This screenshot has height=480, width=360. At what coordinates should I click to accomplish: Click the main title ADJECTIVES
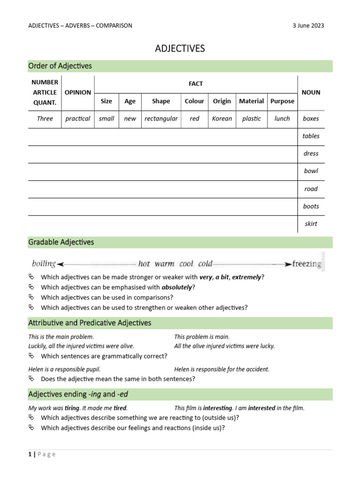click(180, 49)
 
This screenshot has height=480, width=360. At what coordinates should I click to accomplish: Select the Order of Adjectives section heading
click(60, 66)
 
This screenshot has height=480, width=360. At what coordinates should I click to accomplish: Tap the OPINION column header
click(78, 92)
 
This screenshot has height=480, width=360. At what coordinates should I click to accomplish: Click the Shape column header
click(161, 101)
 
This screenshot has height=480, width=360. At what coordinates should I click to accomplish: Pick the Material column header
click(251, 101)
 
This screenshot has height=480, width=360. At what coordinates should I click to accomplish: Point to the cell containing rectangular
click(161, 119)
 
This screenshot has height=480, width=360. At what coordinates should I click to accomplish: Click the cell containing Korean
click(222, 119)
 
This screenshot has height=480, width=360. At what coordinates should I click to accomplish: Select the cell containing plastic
click(251, 119)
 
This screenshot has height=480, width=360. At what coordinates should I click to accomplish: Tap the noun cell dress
click(311, 154)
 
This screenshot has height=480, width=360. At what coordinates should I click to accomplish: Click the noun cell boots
click(311, 206)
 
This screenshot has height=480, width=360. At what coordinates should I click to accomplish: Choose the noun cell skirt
click(311, 224)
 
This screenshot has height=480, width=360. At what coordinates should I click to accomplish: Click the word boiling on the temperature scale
click(44, 263)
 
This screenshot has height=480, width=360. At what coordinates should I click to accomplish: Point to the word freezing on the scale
click(307, 264)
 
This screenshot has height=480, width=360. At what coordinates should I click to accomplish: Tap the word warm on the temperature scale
click(164, 264)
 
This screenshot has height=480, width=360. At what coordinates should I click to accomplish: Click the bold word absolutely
click(177, 287)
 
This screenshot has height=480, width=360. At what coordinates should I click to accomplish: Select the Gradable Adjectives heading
click(61, 242)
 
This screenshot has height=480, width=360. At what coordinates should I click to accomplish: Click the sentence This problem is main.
click(202, 337)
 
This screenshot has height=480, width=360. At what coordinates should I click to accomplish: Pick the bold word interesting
click(217, 408)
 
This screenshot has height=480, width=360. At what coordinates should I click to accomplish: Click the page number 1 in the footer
click(30, 454)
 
